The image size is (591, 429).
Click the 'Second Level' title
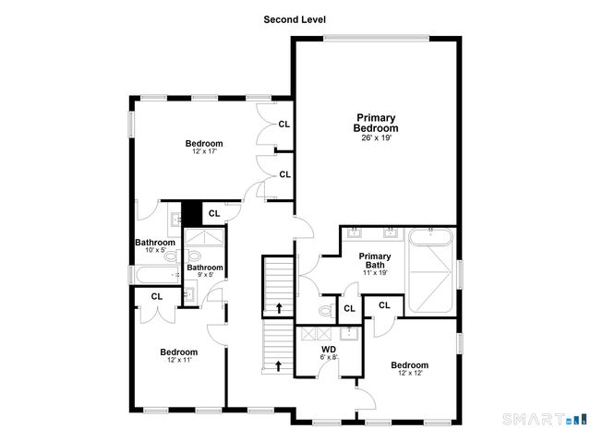pos(295,18)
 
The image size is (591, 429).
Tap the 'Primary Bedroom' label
pos(376,123)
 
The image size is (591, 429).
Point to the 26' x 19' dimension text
pos(376,138)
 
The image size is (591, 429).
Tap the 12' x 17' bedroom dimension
pos(203,152)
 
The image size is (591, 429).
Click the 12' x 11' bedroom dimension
pos(178,362)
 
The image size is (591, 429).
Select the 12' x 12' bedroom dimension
pos(408,375)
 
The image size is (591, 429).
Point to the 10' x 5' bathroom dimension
pos(155,250)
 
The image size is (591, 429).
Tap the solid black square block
pos(191,213)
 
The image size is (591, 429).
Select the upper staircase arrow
pos(279,305)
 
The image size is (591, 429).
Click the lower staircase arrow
pos(279,365)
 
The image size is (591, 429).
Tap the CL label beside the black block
pos(213,213)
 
